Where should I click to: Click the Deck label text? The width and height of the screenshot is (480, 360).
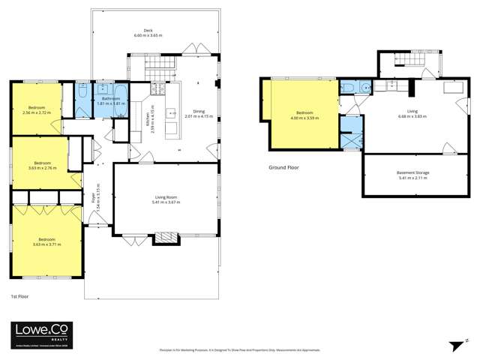pos(147,31)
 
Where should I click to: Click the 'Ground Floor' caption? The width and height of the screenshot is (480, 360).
pos(284,167)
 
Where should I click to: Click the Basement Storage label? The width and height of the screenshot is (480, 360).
pos(412,173)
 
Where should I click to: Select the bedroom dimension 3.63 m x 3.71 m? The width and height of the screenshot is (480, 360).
pos(45,244)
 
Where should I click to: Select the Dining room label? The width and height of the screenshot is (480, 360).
pos(199,112)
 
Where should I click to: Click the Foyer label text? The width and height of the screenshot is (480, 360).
pos(94,198)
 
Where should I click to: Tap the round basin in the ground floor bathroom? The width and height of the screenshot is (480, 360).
pos(366,87)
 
